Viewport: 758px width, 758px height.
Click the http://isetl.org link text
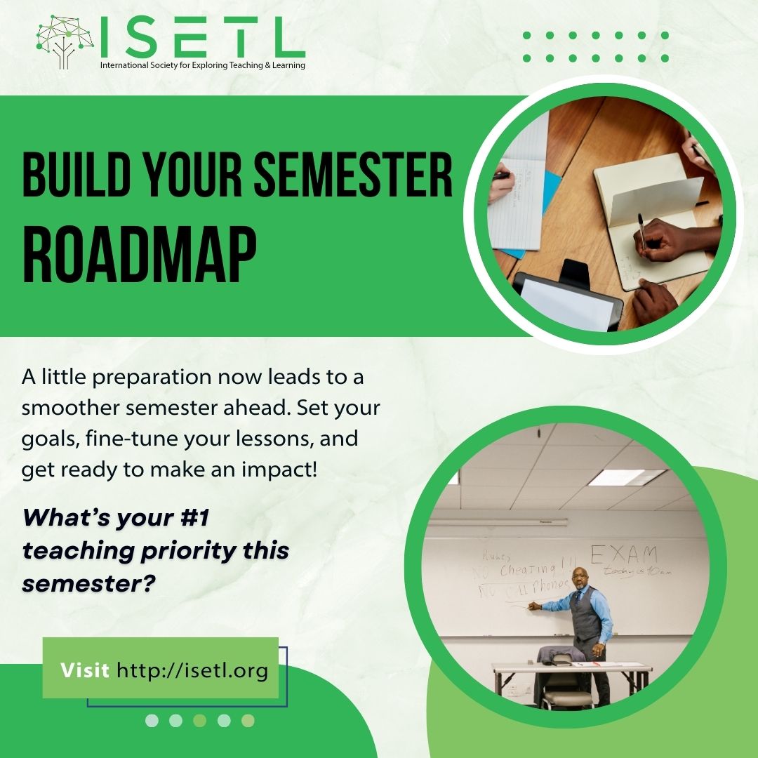(x=192, y=670)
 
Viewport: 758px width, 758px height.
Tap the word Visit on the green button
(x=84, y=670)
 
